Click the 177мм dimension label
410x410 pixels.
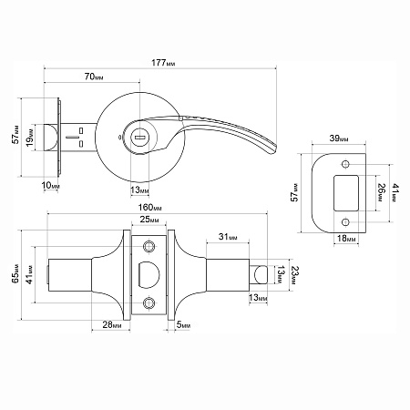click(163, 63)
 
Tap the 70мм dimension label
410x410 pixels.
click(94, 77)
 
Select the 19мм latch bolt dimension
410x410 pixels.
click(30, 138)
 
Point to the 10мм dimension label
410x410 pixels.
click(50, 185)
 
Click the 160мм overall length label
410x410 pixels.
click(150, 208)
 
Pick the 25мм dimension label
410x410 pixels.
click(149, 220)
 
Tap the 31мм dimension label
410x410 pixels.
click(228, 237)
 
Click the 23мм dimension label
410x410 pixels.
click(295, 275)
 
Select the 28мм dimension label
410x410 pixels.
click(112, 324)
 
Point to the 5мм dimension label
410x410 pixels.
click(183, 324)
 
